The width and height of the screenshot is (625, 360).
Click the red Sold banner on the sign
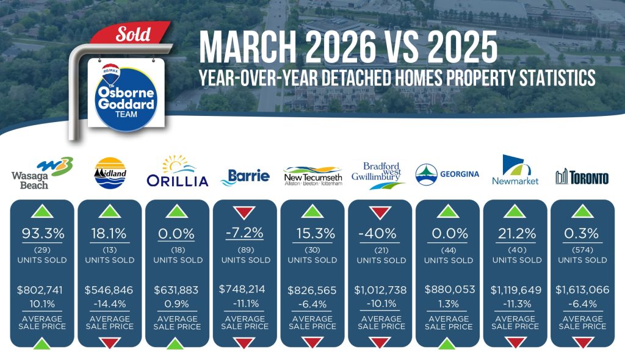point(131,34)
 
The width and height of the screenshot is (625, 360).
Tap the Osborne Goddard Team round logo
point(126,99)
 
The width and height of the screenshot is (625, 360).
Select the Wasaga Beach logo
point(42,173)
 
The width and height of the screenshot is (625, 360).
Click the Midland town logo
point(110,173)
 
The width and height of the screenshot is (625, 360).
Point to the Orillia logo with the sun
point(178,171)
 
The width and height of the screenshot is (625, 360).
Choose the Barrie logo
point(245,176)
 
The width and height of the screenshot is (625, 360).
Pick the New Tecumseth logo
point(313,176)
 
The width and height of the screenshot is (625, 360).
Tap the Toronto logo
point(582,176)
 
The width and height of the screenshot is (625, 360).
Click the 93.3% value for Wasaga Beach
point(43,233)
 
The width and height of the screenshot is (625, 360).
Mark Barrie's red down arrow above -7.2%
point(244,212)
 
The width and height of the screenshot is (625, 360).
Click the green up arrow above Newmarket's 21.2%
point(515,211)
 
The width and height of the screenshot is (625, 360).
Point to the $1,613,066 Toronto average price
point(582,289)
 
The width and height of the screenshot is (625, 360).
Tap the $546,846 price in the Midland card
point(109,290)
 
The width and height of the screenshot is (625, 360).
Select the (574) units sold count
point(582,250)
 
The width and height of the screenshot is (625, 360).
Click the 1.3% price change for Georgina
point(449,304)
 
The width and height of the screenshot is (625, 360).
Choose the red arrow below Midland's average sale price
point(110,343)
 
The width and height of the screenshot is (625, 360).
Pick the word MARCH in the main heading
point(248,48)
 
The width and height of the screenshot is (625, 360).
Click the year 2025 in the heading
point(463,48)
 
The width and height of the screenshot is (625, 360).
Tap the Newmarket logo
point(515,170)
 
